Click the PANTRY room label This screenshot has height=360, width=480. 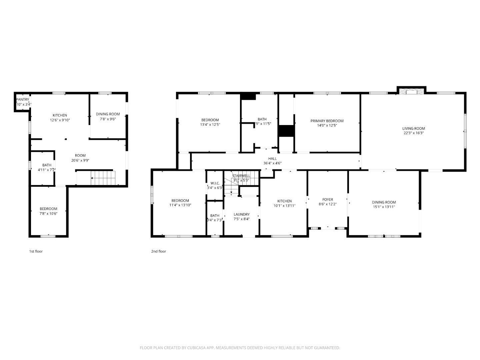pos(23,99)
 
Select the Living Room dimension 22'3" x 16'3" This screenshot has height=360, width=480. pos(413,133)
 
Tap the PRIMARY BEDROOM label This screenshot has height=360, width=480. pos(327,121)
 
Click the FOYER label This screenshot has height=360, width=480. pos(327,200)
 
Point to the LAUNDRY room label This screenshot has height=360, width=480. pos(241,214)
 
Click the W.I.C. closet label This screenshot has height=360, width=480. pos(215,183)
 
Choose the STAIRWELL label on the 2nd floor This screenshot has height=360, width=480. pos(241,176)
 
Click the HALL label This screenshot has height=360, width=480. pos(272,159)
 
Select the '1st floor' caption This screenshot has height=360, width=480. pos(36,251)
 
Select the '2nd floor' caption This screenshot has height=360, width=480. pos(158,251)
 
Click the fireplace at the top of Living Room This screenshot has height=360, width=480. pos(411,91)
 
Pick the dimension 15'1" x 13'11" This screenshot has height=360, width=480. pos(384,207)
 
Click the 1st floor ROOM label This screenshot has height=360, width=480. pos(80,155)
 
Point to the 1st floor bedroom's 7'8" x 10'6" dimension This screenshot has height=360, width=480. pos(48,213)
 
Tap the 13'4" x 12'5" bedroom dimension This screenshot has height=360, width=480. pos(210,124)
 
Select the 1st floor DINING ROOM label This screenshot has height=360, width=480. pos(108,114)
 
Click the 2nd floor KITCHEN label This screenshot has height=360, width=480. pos(284,201)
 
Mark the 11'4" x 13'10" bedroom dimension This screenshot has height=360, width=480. pos(180,205)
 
